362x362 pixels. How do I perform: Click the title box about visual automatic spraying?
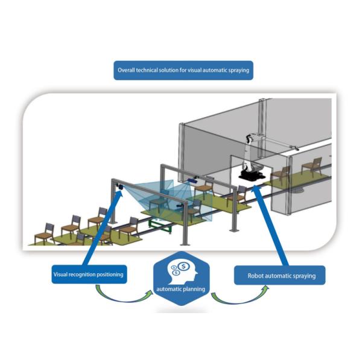click(x=182, y=71)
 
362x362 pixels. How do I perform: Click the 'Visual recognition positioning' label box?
click(x=88, y=275)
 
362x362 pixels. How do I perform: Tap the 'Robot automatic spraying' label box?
click(x=279, y=276)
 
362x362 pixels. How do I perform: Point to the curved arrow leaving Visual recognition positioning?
click(x=120, y=296)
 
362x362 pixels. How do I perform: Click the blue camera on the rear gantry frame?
click(x=192, y=179)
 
